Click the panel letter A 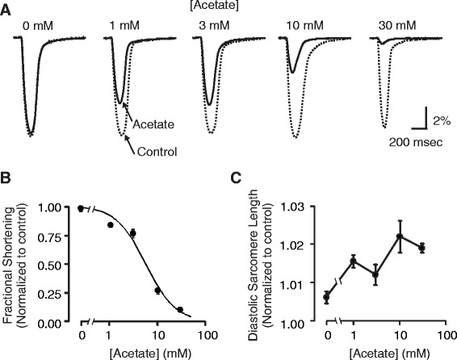pyautogui.click(x=6, y=10)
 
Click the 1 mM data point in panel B pyautogui.click(x=110, y=225)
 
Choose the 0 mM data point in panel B pyautogui.click(x=81, y=208)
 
